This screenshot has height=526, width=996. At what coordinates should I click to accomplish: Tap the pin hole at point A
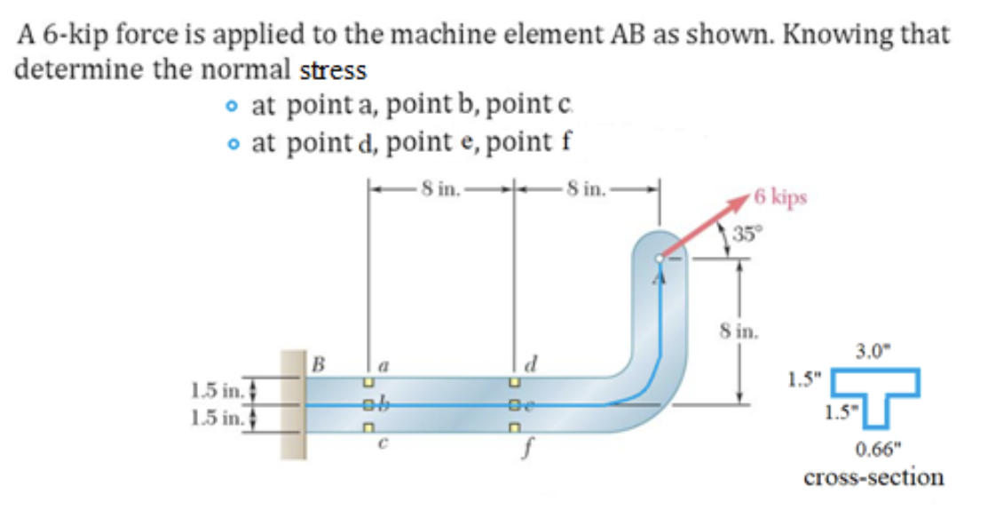tap(658, 258)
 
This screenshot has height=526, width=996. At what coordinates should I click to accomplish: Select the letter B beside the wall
tap(318, 364)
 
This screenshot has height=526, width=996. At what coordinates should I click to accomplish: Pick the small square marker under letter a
tap(366, 385)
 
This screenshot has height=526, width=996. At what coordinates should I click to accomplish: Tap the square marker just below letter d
tap(513, 385)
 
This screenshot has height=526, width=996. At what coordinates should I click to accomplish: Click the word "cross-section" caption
tap(873, 477)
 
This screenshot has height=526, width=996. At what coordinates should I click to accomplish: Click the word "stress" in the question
tap(336, 69)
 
